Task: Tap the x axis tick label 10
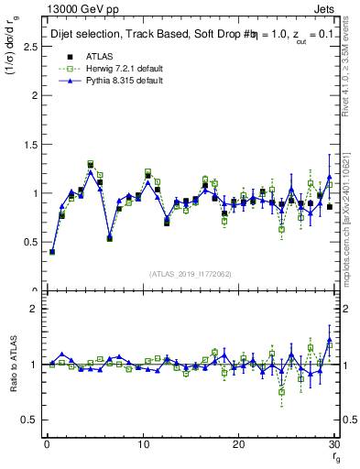142,443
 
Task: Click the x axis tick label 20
238,443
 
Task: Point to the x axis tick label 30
333,443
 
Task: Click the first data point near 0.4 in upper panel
52,251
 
